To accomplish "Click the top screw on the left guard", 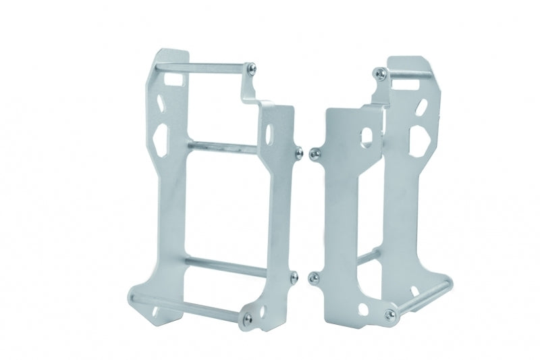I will (252, 67).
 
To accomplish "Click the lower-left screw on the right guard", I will (312, 276).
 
